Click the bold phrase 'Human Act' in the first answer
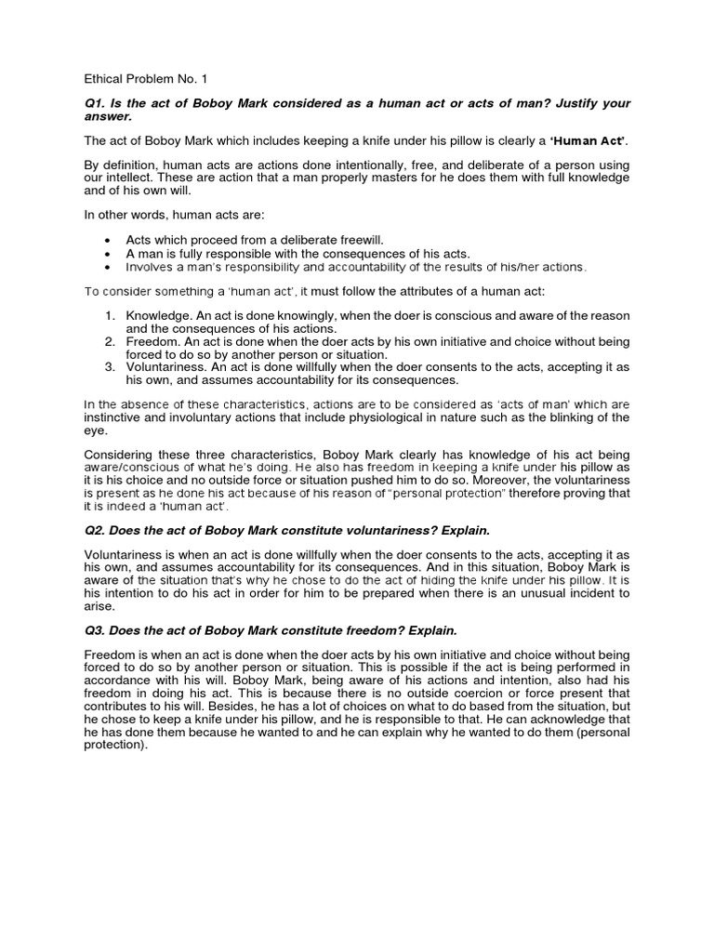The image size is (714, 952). tap(582, 140)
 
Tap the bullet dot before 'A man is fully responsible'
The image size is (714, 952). tap(110, 253)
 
